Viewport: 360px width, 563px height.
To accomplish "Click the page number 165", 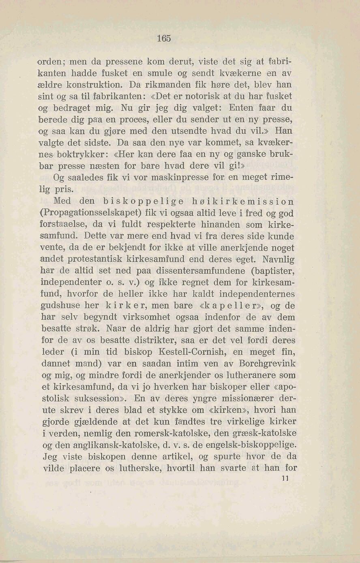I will [x=164, y=39].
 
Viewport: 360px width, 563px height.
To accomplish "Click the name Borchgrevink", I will [x=268, y=364].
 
